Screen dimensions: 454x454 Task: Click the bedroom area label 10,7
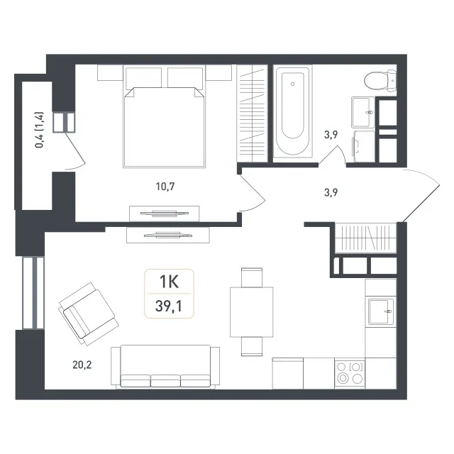click(165, 187)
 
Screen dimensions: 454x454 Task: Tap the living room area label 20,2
click(82, 365)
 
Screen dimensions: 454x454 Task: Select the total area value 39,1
click(169, 306)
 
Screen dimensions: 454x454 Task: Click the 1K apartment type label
click(170, 282)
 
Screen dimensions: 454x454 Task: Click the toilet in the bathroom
click(380, 81)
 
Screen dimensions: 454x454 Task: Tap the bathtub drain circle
click(293, 84)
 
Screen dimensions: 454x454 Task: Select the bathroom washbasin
click(363, 112)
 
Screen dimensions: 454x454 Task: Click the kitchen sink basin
click(380, 311)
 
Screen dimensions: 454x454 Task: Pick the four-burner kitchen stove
click(350, 373)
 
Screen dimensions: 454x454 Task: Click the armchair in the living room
click(89, 314)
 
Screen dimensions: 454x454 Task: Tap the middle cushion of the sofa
click(165, 381)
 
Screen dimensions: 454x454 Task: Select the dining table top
click(252, 312)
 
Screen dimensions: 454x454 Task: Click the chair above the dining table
click(252, 277)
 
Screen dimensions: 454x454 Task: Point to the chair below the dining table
click(252, 347)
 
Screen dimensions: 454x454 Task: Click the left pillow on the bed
click(143, 77)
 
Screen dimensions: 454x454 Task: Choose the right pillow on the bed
click(185, 77)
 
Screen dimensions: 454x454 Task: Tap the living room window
click(33, 293)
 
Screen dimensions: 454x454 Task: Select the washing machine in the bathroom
click(364, 146)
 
